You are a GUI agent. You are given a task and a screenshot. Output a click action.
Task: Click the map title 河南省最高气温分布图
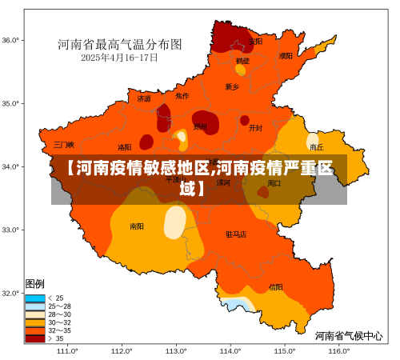click(119, 44)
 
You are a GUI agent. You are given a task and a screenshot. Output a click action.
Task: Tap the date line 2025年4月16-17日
click(119, 58)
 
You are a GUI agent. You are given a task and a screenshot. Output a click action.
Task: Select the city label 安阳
click(255, 41)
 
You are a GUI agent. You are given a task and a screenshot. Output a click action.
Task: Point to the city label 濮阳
click(286, 56)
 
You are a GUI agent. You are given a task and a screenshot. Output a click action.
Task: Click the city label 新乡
click(232, 86)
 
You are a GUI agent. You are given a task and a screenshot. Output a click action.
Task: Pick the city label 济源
click(144, 99)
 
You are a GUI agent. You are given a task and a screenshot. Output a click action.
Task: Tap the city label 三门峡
click(64, 145)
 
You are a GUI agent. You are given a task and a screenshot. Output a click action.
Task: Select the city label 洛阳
click(125, 147)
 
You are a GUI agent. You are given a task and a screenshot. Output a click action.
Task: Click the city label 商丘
click(317, 147)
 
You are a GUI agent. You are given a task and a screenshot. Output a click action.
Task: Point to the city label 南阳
click(137, 226)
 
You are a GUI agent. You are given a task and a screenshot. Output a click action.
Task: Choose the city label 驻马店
click(236, 234)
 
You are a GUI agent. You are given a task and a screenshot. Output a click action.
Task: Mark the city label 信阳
click(275, 286)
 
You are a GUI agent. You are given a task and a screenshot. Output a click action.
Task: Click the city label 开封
click(255, 127)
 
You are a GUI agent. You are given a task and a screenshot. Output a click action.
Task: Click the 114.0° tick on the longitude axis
click(230, 350)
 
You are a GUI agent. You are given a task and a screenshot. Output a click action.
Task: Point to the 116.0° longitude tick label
click(338, 350)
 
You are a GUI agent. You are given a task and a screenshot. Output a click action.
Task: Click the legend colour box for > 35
click(35, 338)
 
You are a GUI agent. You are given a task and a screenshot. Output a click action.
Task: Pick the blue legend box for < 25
click(35, 298)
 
